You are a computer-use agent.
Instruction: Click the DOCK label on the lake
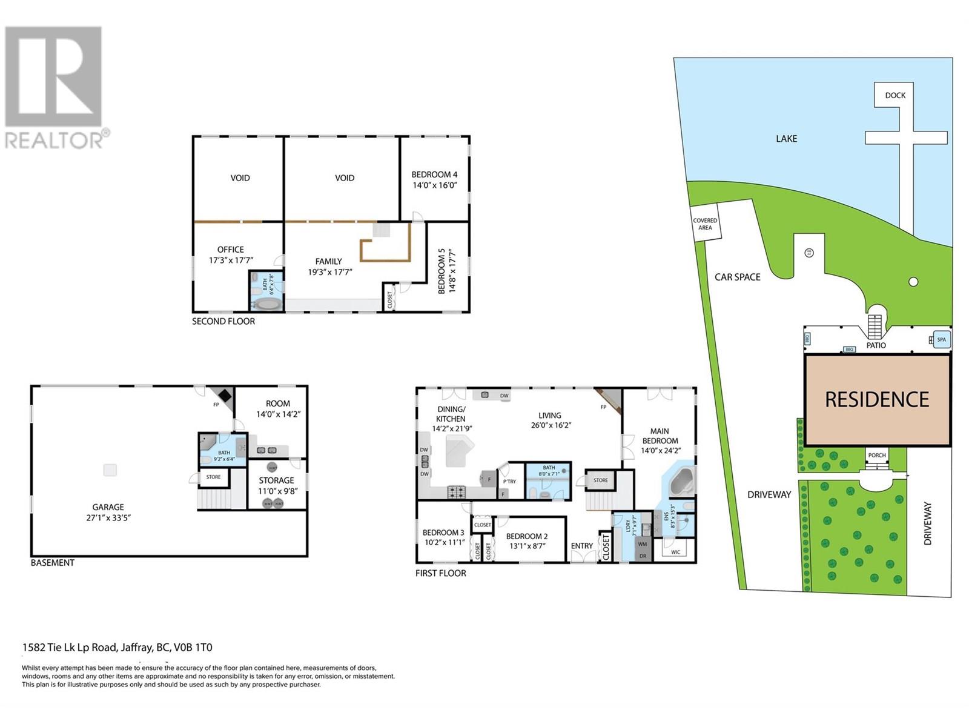(x=895, y=95)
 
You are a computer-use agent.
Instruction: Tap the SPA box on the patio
(x=941, y=340)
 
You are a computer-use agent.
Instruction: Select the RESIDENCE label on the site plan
(x=876, y=399)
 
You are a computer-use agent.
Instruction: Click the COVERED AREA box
(x=705, y=224)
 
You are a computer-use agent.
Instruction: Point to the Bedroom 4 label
(x=434, y=174)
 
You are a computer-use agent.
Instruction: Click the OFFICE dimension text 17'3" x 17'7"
(x=231, y=260)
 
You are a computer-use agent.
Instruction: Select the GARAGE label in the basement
(x=108, y=507)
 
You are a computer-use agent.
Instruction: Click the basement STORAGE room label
(x=276, y=480)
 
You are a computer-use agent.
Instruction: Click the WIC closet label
(x=675, y=552)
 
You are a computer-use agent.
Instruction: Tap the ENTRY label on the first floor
(x=581, y=546)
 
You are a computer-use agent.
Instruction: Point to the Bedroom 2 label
(x=526, y=536)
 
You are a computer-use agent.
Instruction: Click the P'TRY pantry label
(x=509, y=482)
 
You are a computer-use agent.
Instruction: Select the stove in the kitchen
(x=456, y=492)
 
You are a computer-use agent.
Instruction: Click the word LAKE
(x=786, y=139)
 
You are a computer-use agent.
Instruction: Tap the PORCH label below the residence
(x=876, y=455)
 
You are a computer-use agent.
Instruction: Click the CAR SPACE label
(x=737, y=277)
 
